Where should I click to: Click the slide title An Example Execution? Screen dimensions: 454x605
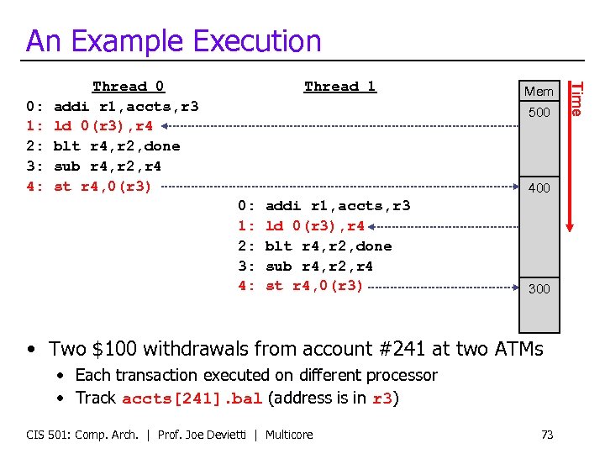[x=173, y=40]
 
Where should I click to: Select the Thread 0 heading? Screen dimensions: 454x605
[x=129, y=86]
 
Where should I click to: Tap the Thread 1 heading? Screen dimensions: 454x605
[x=340, y=86]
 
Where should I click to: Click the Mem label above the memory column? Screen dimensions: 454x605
[x=539, y=91]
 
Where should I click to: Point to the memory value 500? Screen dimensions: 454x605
[x=539, y=112]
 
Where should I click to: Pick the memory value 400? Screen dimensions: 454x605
[x=539, y=188]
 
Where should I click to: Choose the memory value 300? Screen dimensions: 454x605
[x=539, y=288]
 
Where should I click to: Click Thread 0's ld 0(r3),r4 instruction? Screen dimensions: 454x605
[x=103, y=126]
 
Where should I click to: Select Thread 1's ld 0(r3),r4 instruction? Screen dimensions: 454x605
[x=315, y=225]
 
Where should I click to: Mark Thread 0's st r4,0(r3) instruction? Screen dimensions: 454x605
[x=103, y=187]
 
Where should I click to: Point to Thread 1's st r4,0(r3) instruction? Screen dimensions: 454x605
[x=314, y=286]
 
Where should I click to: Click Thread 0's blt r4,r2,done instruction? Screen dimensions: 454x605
[x=117, y=146]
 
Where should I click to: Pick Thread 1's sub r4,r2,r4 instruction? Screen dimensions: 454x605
[x=319, y=266]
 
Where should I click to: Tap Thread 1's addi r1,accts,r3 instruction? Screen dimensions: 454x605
[x=338, y=205]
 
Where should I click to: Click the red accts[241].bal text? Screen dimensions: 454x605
[x=192, y=399]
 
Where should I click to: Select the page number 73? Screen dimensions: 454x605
[x=547, y=434]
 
